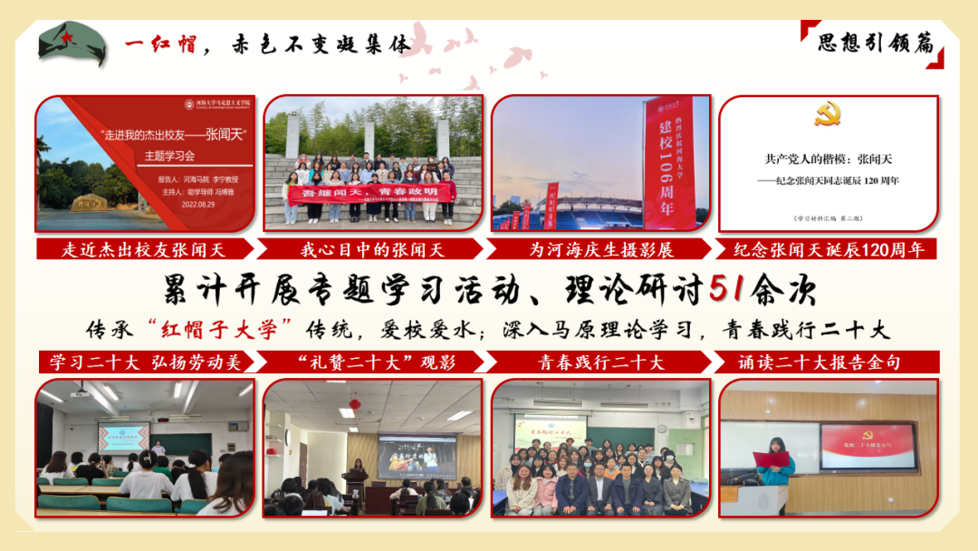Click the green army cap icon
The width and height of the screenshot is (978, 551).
tap(72, 43)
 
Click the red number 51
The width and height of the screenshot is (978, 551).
tap(728, 289)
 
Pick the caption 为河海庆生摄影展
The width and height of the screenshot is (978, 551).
tap(601, 248)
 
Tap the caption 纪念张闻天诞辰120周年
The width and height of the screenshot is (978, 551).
tap(827, 248)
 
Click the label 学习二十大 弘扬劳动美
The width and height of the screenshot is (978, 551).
tap(145, 362)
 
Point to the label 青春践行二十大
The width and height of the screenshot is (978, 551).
tap(601, 362)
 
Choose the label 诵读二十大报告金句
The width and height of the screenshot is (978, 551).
tap(826, 362)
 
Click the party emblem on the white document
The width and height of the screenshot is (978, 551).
tap(828, 114)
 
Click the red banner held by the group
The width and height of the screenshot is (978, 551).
tap(370, 192)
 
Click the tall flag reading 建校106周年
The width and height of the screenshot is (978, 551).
tap(669, 163)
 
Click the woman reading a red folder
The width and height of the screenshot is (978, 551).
tap(773, 462)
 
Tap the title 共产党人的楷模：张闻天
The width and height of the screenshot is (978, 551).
tap(828, 159)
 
